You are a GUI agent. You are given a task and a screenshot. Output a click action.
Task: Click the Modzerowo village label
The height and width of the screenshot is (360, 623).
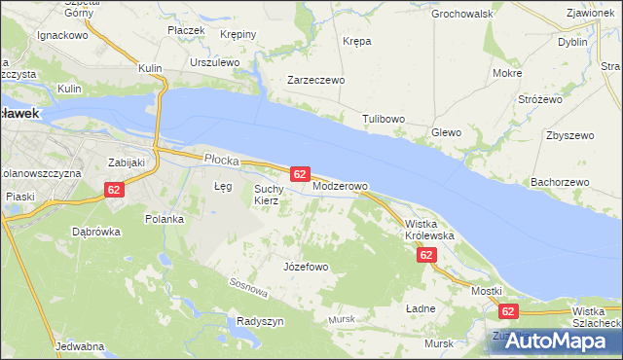point(340,186)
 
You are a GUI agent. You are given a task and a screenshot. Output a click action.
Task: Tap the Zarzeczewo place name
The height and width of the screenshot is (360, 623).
point(315,81)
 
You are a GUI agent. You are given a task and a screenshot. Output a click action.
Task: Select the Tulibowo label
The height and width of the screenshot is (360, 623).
point(383,119)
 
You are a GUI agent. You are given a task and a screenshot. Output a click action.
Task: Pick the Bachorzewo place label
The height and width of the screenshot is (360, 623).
point(560,182)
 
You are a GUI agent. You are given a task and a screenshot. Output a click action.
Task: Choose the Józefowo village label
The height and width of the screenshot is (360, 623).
point(305,266)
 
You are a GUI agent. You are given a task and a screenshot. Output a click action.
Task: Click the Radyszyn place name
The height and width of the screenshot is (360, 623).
point(260,321)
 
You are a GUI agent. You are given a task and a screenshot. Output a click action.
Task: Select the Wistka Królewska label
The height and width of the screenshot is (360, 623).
point(429,230)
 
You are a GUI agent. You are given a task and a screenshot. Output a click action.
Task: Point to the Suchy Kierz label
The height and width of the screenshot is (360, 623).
point(267,195)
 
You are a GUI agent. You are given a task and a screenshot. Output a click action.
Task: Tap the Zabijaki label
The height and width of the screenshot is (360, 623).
point(126,162)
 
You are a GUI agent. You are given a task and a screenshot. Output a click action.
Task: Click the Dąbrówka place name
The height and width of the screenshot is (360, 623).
point(95,232)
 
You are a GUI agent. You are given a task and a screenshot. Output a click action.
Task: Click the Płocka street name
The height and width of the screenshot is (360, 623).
point(221,158)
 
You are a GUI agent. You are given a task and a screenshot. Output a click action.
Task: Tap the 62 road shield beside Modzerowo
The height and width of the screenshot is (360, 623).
point(300,174)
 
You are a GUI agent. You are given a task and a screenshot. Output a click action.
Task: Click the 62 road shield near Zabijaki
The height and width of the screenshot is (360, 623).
point(115,190)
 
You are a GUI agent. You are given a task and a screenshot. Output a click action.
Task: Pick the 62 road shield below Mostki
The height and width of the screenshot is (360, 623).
point(507,311)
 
